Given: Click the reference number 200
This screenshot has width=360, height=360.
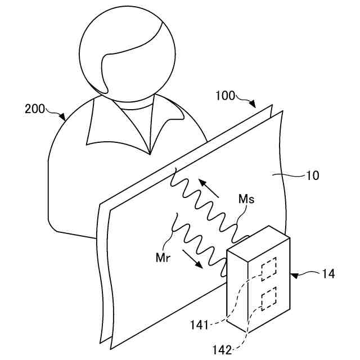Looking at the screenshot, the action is coord(34,109).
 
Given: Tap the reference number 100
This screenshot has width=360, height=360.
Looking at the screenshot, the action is coord(226,96).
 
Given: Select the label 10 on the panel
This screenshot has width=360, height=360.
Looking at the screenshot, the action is coord(313,175).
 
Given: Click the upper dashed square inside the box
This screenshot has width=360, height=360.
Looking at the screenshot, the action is coord(270,268).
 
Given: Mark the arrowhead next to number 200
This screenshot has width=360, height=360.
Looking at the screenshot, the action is coord(63,117).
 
